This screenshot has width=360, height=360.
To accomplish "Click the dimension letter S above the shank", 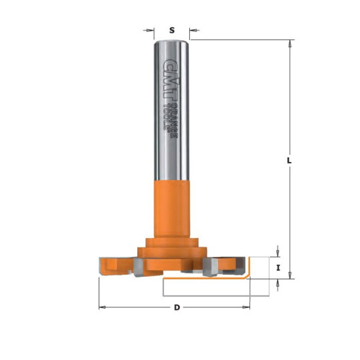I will (x=171, y=30).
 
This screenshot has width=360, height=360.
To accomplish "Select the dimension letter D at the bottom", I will (x=176, y=307).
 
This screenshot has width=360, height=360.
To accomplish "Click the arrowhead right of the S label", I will (x=193, y=30).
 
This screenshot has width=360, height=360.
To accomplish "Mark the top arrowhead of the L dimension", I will (x=290, y=44).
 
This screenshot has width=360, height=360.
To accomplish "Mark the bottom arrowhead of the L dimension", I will (x=290, y=275).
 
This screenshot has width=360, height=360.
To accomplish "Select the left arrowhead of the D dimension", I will (x=103, y=307).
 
